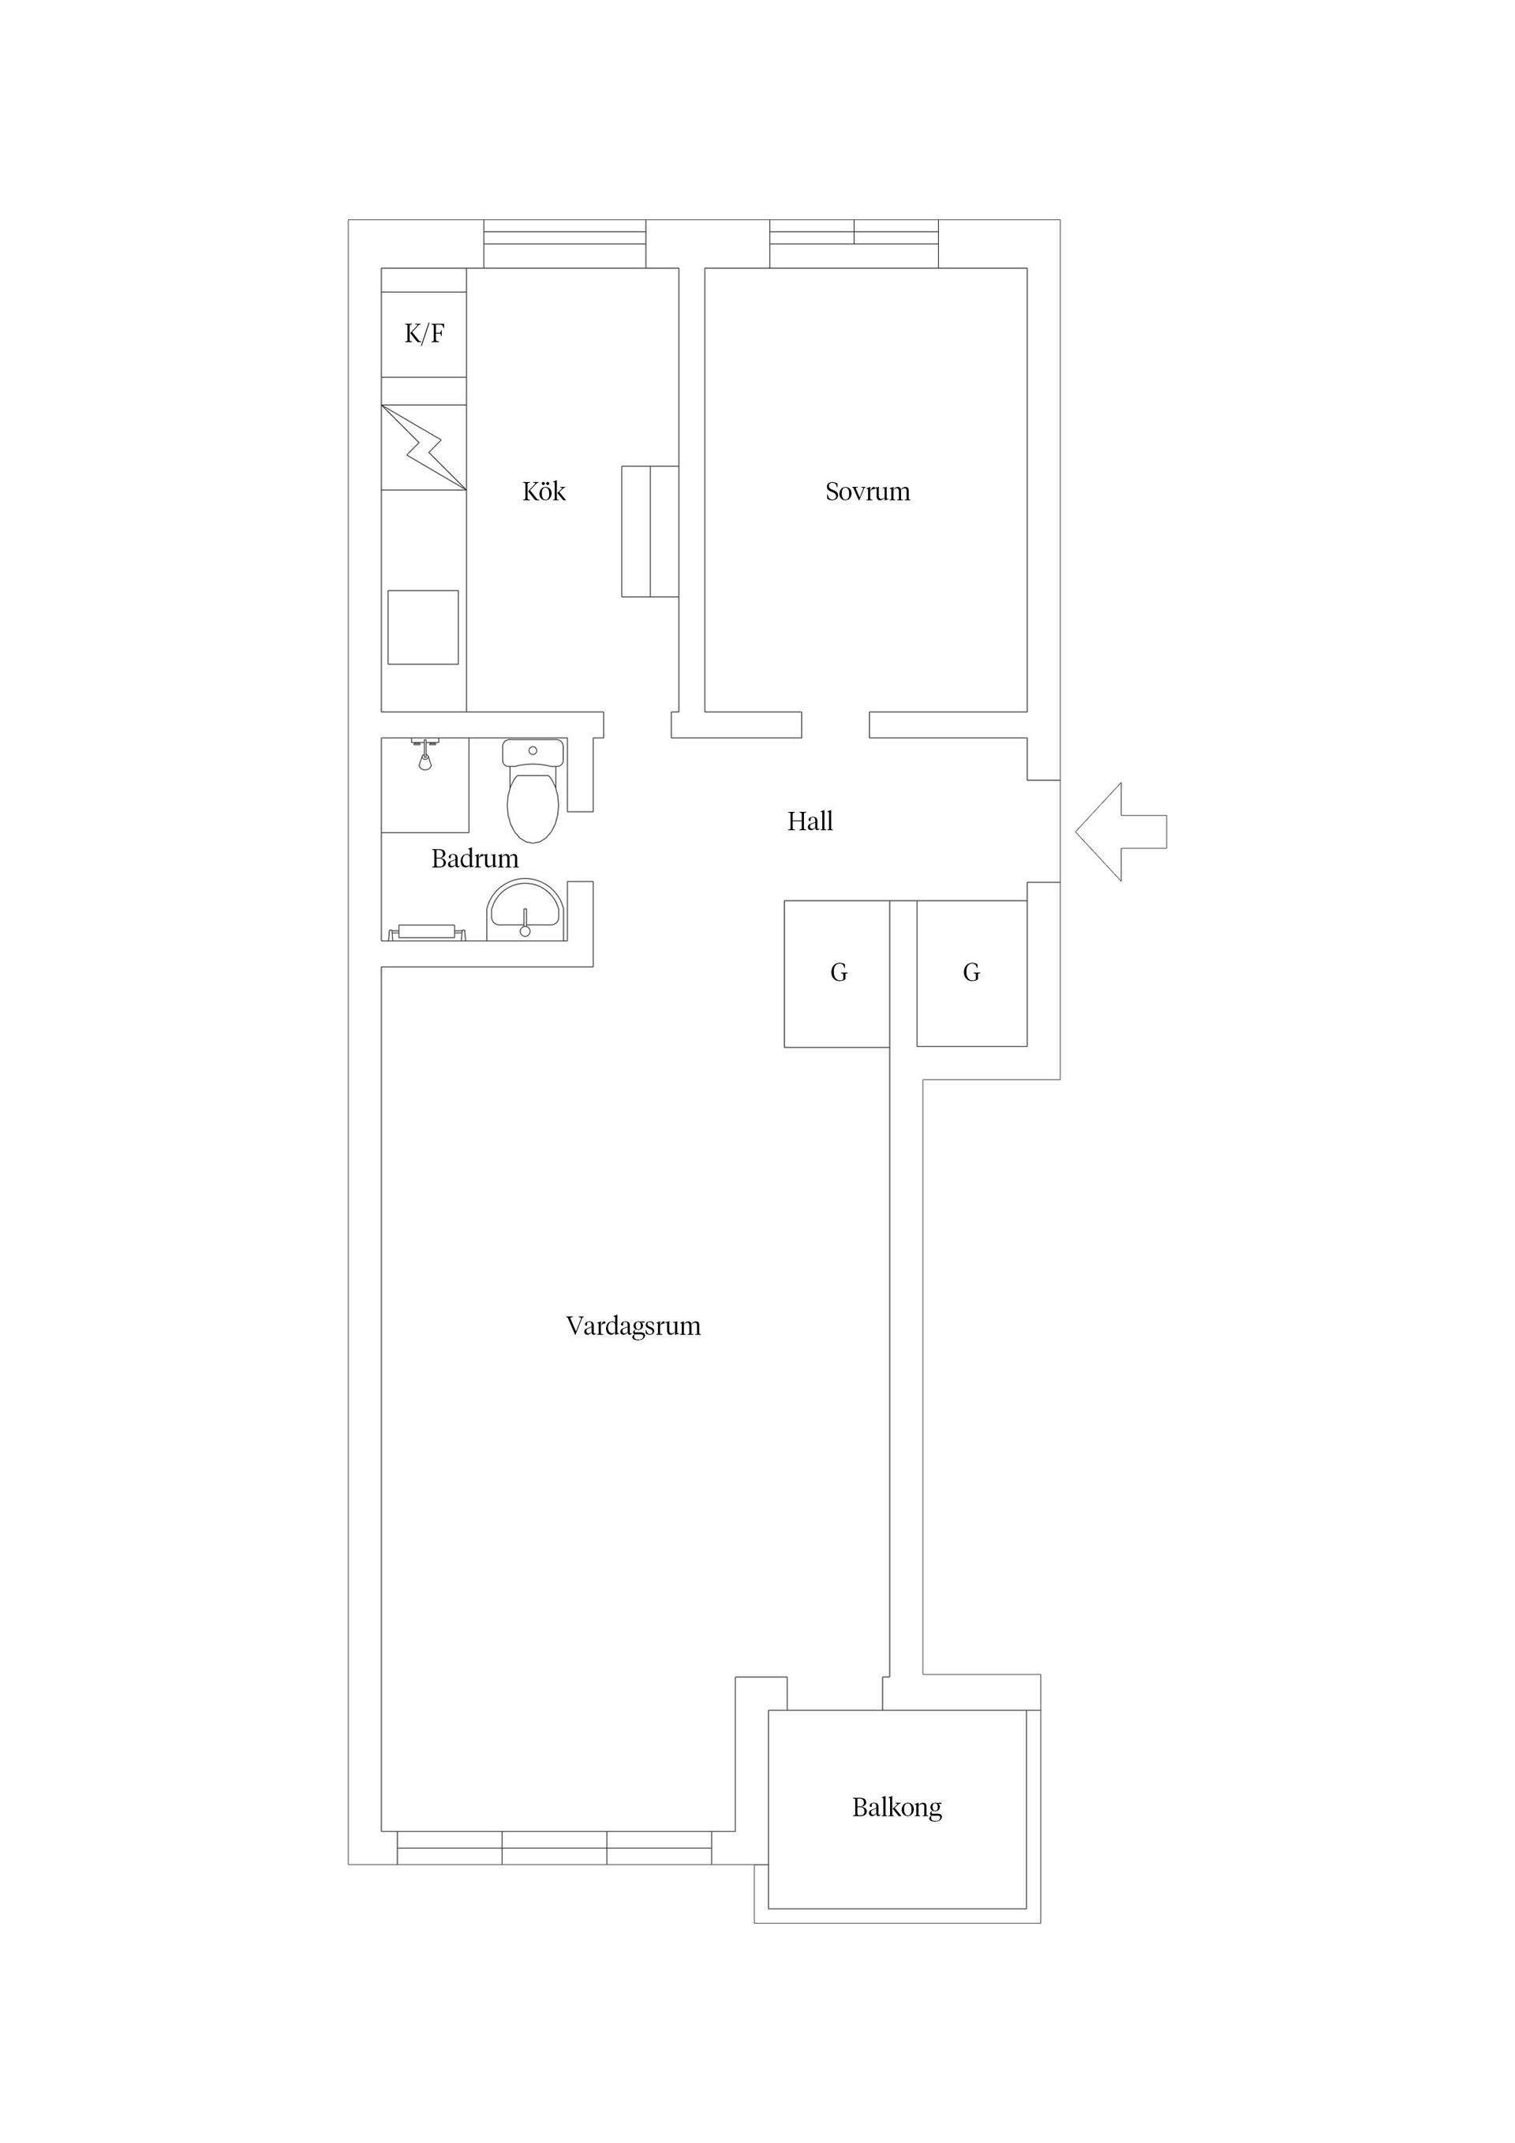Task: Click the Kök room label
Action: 544,492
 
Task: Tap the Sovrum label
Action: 867,492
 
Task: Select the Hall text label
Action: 810,821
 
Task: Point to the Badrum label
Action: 474,858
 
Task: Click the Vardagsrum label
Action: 633,1326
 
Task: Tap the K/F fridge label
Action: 424,333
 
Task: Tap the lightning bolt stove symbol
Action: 424,447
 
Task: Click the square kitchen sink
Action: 423,627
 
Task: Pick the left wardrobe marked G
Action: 837,974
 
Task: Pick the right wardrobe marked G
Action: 971,974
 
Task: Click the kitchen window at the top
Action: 565,244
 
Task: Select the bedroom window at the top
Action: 853,244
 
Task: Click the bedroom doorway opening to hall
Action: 836,725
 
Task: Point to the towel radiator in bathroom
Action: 427,932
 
